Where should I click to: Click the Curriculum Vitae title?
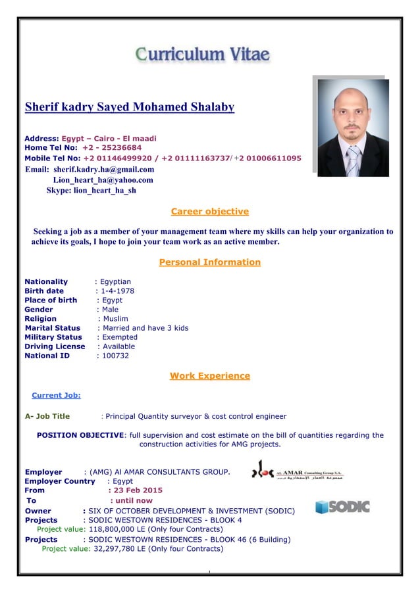[x=203, y=54]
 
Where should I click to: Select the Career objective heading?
[x=209, y=212]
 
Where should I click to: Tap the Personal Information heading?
[x=209, y=262]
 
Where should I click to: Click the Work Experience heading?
[x=209, y=376]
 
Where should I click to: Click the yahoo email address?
[x=103, y=179]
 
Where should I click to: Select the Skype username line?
[x=91, y=191]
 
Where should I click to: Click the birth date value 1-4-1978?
[x=117, y=291]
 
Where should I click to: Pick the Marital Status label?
[x=53, y=327]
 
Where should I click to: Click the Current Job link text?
[x=56, y=395]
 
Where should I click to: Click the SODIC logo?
[x=342, y=506]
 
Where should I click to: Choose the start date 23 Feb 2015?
[x=136, y=490]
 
